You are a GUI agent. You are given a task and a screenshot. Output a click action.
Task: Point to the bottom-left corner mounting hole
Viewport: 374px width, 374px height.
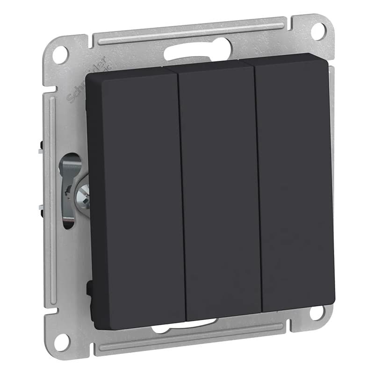[61, 340]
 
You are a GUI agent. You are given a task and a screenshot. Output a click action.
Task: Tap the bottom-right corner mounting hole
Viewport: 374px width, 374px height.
[318, 314]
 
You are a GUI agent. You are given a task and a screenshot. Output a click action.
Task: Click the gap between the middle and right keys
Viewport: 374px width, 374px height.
[258, 187]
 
